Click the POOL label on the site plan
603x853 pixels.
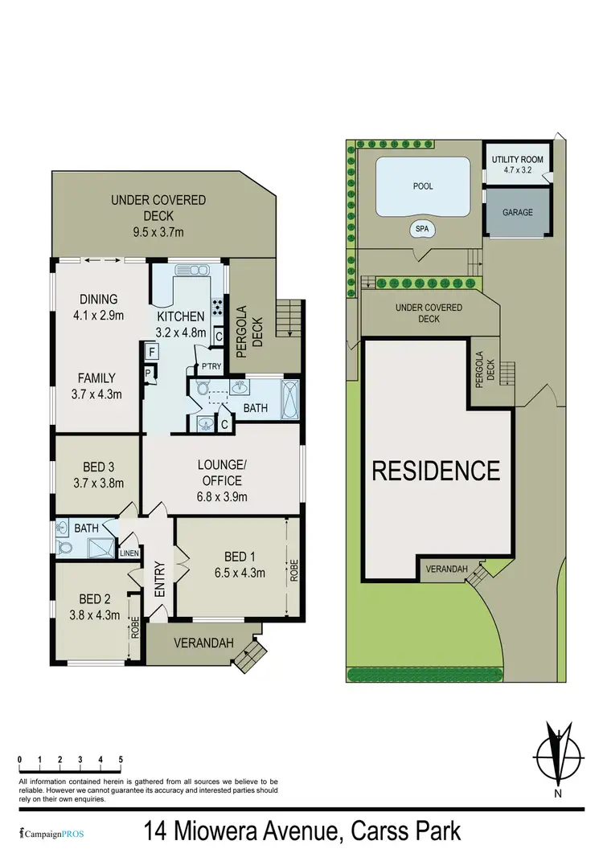[x=423, y=186]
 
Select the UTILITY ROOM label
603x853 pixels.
[x=517, y=160]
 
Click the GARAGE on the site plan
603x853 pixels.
[x=518, y=214]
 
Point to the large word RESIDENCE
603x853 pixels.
[x=436, y=470]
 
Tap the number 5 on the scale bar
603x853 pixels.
[x=121, y=759]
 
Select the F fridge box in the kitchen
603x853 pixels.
[x=150, y=351]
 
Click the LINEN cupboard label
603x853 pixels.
[x=129, y=553]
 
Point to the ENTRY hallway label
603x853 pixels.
[x=159, y=578]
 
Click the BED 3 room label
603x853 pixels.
[x=99, y=467]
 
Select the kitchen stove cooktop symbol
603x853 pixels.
[x=217, y=306]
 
